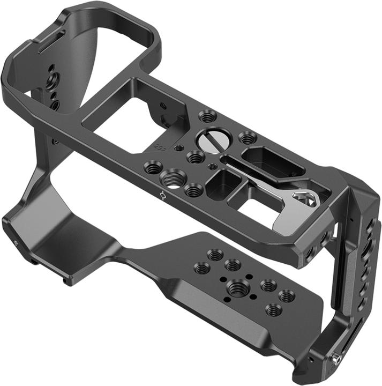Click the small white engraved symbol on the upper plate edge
click(162, 195)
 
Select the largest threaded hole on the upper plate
click(173, 179)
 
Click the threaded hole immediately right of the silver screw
click(246, 138)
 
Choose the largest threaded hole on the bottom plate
click(237, 288)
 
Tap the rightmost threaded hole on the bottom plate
click(287, 295)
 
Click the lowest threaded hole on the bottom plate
click(273, 309)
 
